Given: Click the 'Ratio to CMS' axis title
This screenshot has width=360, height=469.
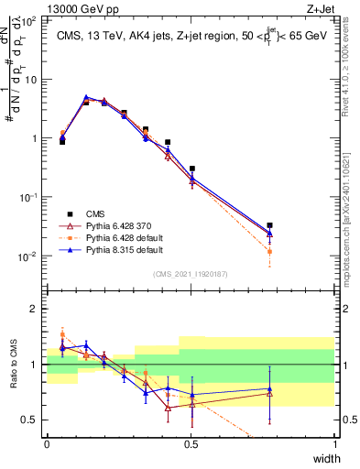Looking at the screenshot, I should (13, 365).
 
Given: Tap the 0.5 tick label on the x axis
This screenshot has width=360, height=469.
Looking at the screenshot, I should (191, 444).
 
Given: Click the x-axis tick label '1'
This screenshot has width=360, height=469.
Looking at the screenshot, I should (335, 444).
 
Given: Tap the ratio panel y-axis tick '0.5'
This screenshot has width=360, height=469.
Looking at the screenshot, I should (31, 420).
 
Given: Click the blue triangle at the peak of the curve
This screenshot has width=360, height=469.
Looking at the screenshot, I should (86, 97).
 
